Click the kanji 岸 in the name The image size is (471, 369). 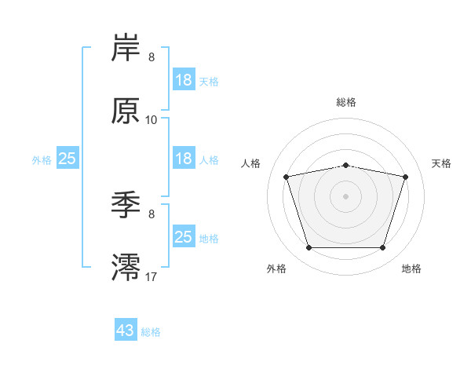[126, 47]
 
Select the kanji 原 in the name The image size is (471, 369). [126, 111]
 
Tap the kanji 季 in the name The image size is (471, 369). [126, 205]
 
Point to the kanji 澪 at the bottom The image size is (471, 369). [126, 268]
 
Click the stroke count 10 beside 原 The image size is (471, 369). [151, 120]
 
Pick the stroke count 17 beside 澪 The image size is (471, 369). [151, 277]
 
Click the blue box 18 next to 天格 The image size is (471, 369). [184, 79]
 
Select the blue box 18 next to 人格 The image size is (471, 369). [184, 158]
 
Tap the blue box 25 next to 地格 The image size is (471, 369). [184, 236]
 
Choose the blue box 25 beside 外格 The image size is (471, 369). [68, 158]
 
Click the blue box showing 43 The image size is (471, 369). [126, 329]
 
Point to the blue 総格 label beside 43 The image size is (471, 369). [151, 332]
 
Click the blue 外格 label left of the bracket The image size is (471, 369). [42, 160]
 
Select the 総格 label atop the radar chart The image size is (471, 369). [346, 102]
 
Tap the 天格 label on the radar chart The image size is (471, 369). [441, 163]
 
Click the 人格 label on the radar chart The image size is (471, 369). [250, 163]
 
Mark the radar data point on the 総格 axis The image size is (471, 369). [345, 166]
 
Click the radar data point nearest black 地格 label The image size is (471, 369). [382, 248]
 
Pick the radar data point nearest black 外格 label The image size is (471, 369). [309, 248]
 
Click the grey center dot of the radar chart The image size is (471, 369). [345, 196]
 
